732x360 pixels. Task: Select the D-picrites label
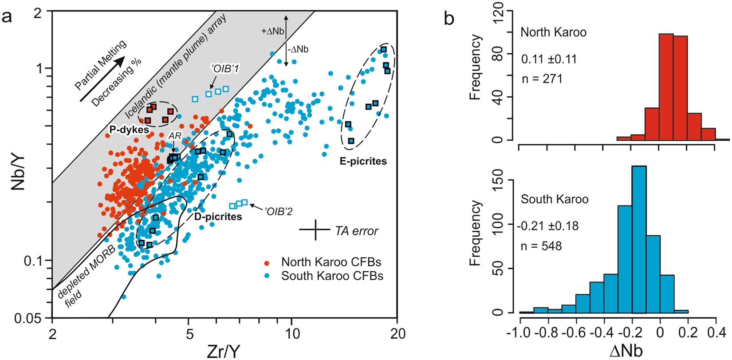[x=218, y=217]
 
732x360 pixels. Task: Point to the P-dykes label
[x=129, y=129]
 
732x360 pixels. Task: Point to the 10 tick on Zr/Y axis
[x=291, y=333]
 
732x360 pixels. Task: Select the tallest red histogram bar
[x=666, y=87]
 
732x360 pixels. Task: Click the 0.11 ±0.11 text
[x=549, y=59]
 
